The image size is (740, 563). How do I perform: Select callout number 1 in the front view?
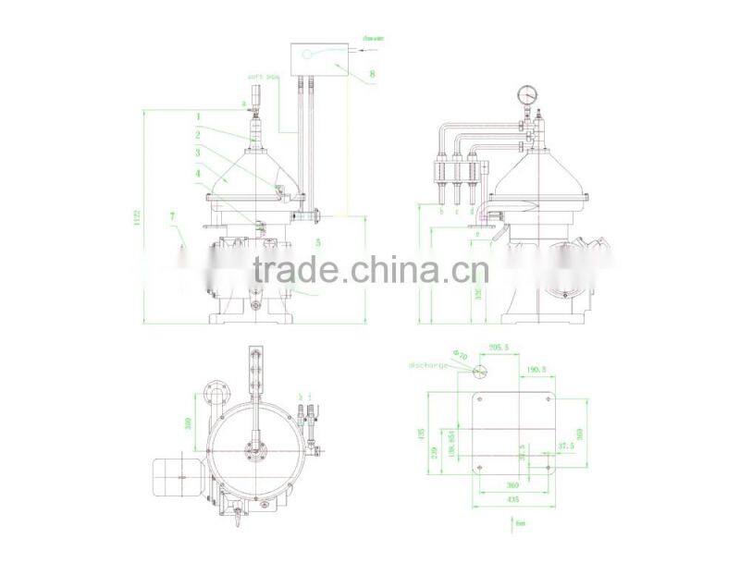pyautogui.click(x=197, y=116)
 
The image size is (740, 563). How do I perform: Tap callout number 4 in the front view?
pyautogui.click(x=197, y=172)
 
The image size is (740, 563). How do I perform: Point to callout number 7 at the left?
pyautogui.click(x=171, y=216)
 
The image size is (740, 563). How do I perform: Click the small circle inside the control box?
pyautogui.click(x=307, y=55)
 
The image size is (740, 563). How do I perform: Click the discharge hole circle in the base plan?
pyautogui.click(x=479, y=372)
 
